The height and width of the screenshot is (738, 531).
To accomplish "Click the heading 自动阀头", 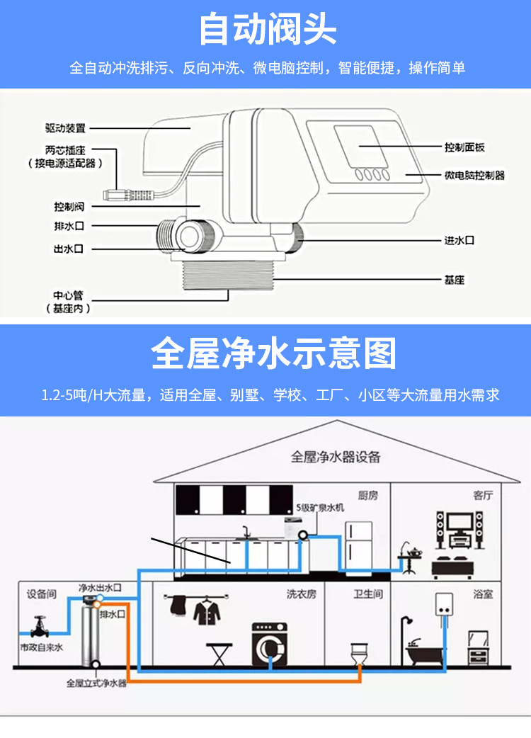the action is coord(267,29).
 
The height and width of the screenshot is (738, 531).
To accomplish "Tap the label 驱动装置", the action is coord(65,128).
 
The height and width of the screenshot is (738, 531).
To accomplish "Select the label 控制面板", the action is coord(464,147).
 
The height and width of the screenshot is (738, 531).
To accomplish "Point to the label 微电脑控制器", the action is coord(474,175).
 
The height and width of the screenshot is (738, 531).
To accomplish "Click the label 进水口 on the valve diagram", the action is coord(459,241).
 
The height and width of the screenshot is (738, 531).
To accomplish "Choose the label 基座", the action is coord(455,280).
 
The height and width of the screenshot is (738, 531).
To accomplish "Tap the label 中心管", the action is coord(68,295).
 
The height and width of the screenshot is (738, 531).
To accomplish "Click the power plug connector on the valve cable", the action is coord(127,195).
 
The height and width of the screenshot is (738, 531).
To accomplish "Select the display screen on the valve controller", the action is coord(361,147).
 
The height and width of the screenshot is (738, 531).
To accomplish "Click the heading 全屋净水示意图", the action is coord(273,353).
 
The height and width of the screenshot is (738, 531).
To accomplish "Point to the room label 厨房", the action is coord(367,495).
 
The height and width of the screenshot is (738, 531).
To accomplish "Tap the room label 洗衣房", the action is coord(302,594).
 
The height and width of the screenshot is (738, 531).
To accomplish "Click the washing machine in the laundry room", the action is coord(270,645).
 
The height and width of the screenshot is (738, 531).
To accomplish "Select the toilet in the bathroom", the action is coord(360,654).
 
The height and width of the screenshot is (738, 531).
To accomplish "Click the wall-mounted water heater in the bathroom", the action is coord(444,604).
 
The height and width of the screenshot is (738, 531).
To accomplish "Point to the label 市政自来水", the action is coord(41,647).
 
